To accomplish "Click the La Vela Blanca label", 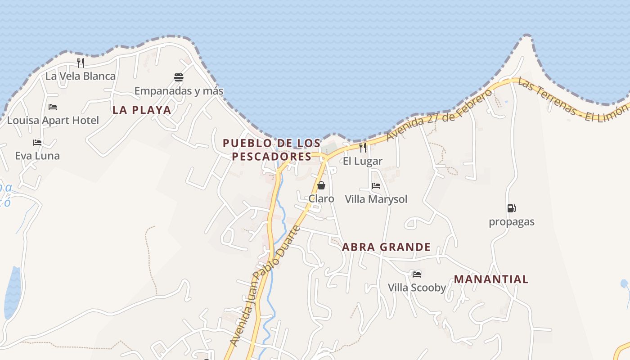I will click(x=81, y=76).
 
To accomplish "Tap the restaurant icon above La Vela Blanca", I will click(x=81, y=63).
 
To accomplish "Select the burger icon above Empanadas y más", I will click(x=179, y=77).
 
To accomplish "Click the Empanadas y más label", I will click(x=179, y=91).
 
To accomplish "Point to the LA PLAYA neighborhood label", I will click(x=142, y=110).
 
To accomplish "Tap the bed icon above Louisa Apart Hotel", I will click(x=53, y=107).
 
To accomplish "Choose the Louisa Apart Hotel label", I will click(x=53, y=121).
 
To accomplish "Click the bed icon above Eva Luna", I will click(x=37, y=143).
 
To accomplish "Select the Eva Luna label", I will click(x=37, y=156).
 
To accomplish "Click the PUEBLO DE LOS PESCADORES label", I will click(x=271, y=150).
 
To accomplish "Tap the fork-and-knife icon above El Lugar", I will click(x=363, y=148).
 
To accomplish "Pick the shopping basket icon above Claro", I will click(x=321, y=185).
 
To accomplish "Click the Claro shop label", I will click(x=321, y=199).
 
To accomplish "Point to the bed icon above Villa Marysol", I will click(x=376, y=185).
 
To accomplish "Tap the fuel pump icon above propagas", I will click(x=512, y=208).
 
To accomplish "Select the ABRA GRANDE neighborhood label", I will click(x=386, y=247).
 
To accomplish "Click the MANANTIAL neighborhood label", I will click(x=491, y=279).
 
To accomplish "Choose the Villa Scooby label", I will click(x=417, y=288).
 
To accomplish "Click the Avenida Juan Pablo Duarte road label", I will click(x=265, y=286).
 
